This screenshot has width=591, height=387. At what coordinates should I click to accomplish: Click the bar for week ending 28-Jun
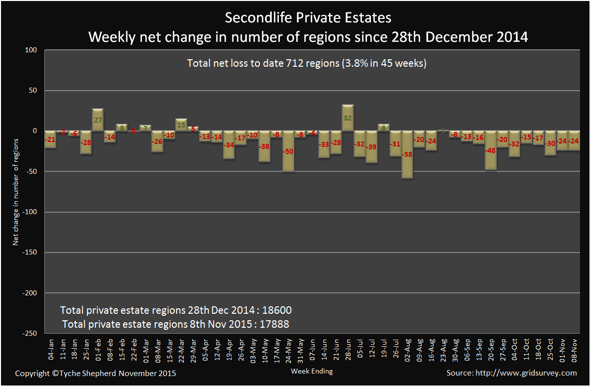pyautogui.click(x=348, y=118)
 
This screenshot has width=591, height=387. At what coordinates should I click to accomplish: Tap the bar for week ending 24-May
pyautogui.click(x=288, y=151)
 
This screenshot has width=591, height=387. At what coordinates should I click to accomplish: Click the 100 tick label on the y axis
pyautogui.click(x=32, y=50)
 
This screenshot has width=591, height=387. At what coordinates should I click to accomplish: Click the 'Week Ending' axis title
pyautogui.click(x=312, y=371)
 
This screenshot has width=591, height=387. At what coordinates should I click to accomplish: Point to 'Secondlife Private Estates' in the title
pyautogui.click(x=308, y=18)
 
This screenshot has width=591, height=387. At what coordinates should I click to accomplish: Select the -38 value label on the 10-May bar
pyautogui.click(x=264, y=147)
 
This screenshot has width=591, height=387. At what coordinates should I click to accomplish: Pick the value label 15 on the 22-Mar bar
pyautogui.click(x=181, y=125)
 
